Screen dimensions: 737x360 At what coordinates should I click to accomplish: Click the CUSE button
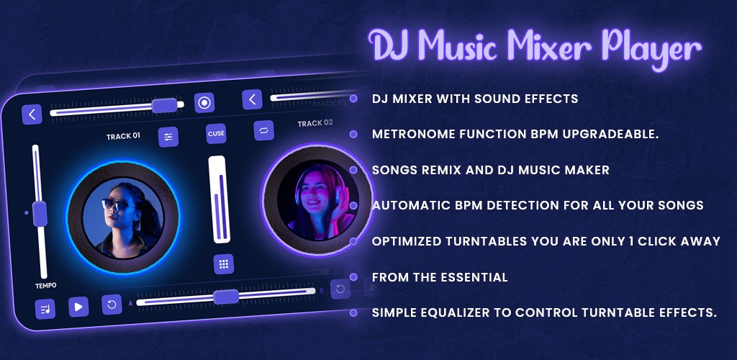pos(216,133)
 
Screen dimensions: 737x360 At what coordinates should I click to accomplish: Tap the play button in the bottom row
pos(78,307)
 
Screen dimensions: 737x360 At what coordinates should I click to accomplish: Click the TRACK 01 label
pos(123,137)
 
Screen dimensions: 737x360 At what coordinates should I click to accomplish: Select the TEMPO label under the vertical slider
pos(45,285)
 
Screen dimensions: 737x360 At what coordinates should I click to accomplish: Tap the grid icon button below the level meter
pos(224,264)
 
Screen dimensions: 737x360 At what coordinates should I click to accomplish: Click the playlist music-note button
pos(45,310)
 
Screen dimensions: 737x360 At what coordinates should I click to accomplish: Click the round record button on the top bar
pos(204,103)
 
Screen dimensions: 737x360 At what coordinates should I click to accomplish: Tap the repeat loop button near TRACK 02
pos(263,130)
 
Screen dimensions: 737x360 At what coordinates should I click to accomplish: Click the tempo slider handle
pos(40,214)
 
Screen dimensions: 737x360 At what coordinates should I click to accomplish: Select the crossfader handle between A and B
pos(226,297)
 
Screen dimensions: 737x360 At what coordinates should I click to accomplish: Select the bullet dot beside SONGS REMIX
pos(353,170)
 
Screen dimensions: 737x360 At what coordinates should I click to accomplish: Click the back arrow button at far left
pos(32,114)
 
